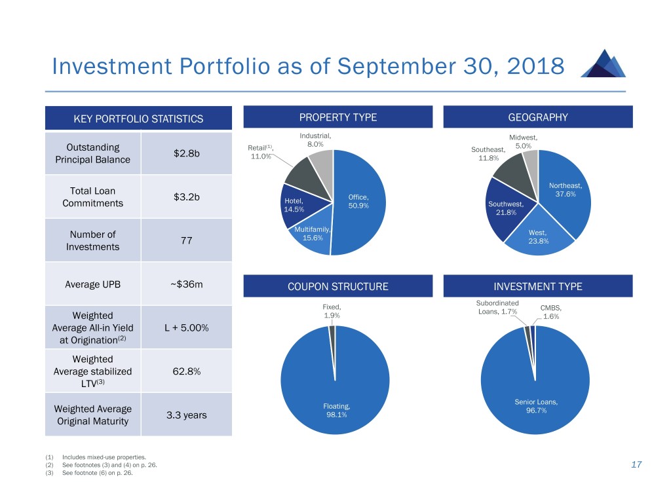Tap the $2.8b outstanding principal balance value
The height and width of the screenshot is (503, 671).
point(187,153)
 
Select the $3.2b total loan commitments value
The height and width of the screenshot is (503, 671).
point(187,197)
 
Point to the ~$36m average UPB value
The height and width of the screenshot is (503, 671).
point(187,285)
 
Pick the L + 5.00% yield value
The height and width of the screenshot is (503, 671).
point(187,327)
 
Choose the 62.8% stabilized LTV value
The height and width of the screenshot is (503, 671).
point(186,371)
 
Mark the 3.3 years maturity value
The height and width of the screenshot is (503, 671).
point(187,415)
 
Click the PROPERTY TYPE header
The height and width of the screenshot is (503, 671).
point(337,118)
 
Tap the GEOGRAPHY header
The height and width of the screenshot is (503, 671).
point(538,118)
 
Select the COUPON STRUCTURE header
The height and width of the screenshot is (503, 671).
point(337,286)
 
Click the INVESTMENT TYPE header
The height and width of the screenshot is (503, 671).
point(538,286)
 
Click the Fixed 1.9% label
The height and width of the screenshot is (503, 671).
point(332,311)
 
